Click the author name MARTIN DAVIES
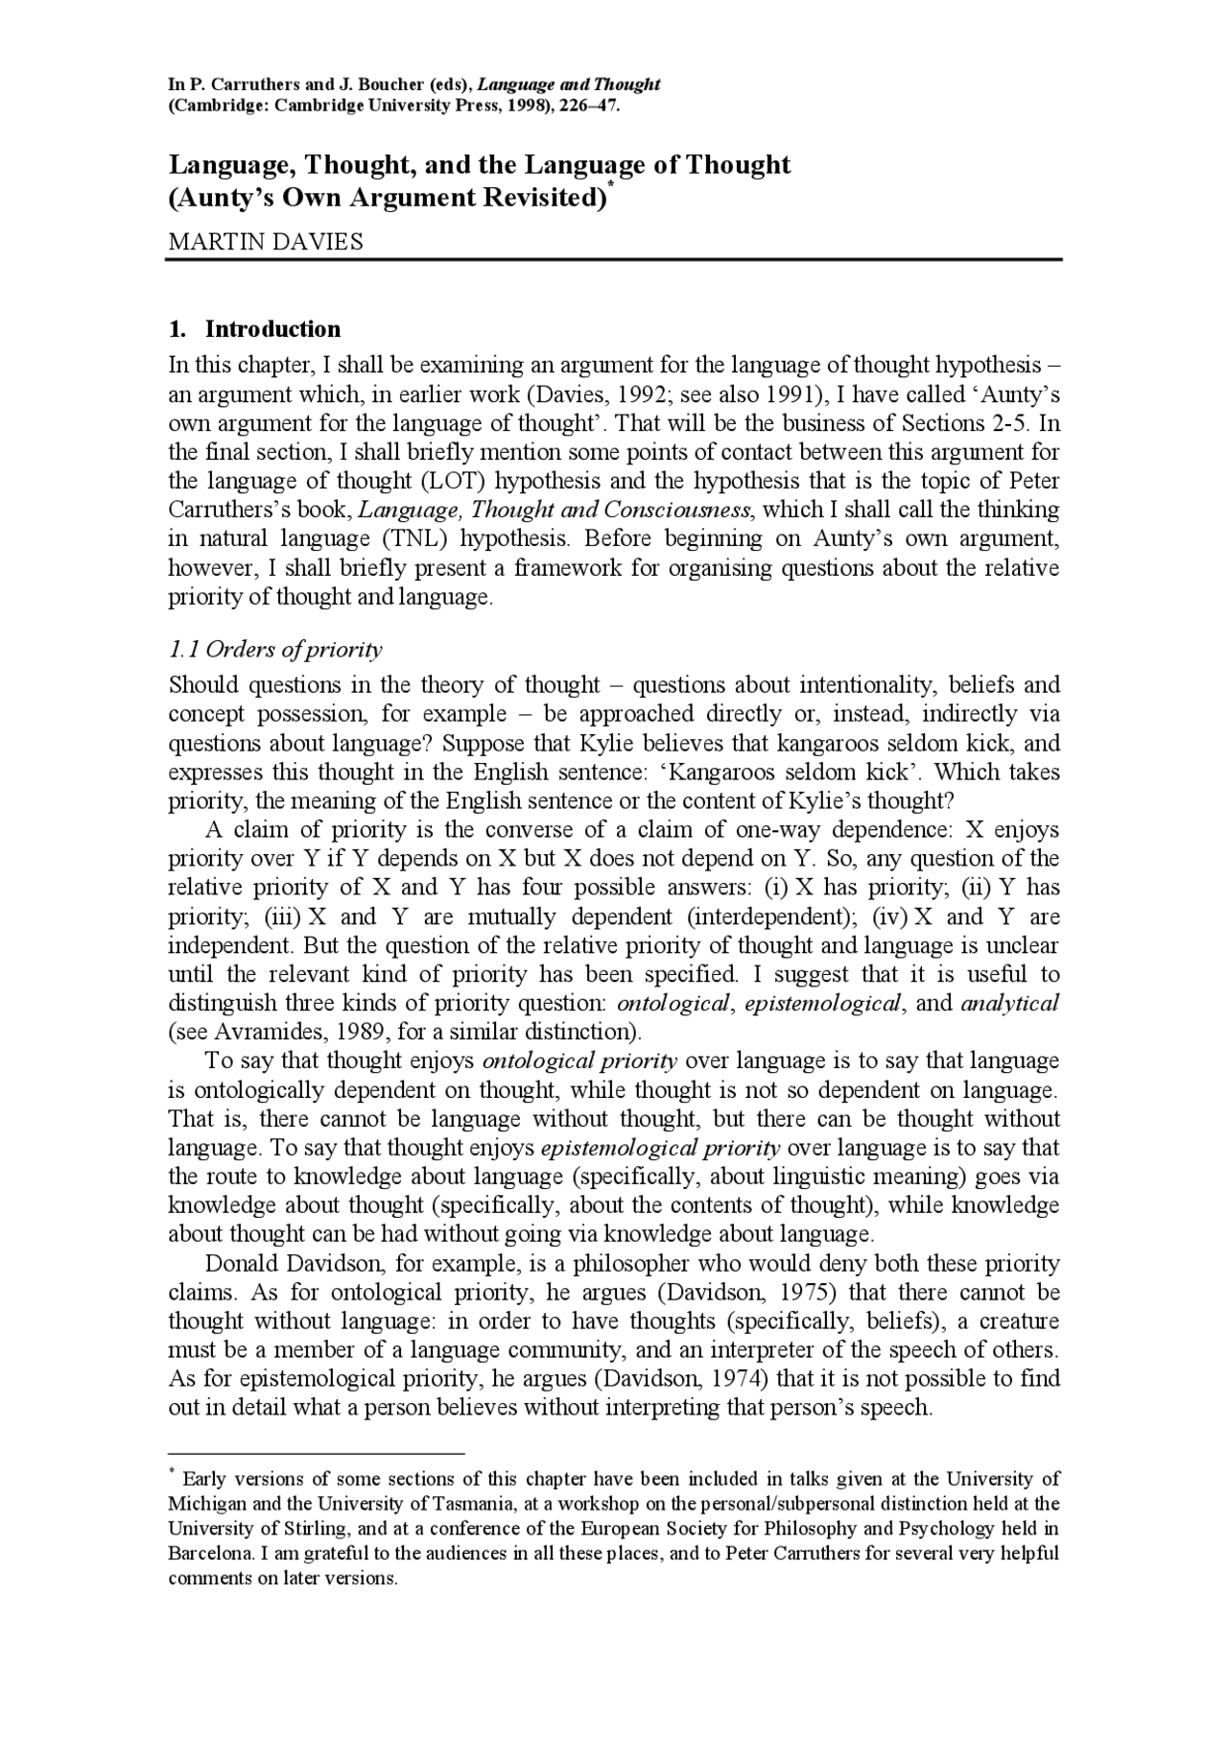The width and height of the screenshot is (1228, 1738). [266, 242]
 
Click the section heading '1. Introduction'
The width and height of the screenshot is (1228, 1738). [254, 329]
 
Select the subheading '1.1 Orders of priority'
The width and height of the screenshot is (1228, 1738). [275, 650]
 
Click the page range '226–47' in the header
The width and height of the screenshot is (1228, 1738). [588, 105]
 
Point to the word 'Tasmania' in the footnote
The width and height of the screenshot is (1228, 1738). [497, 1504]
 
